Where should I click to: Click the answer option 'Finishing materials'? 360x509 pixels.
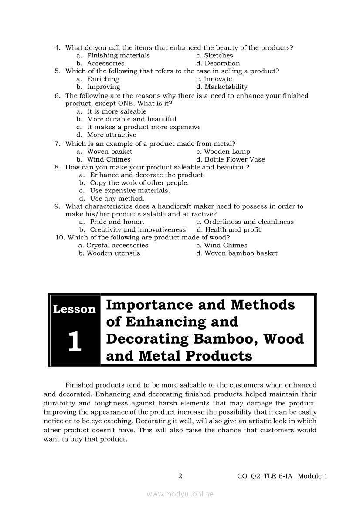118,55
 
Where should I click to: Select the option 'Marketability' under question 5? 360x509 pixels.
226,87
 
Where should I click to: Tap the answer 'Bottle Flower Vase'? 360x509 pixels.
234,159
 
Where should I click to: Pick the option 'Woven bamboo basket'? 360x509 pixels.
241,253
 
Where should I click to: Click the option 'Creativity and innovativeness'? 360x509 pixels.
138,229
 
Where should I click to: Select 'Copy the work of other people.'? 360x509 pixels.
139,182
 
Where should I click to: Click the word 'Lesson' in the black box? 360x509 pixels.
74,309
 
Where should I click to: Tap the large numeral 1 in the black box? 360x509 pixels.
75,342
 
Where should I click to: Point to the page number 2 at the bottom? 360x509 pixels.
180,476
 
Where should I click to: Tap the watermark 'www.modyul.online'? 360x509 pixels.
180,494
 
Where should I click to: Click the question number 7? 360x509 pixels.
57,144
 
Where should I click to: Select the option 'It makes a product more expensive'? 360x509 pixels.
144,127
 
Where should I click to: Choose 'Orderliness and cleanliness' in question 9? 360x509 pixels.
249,222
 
